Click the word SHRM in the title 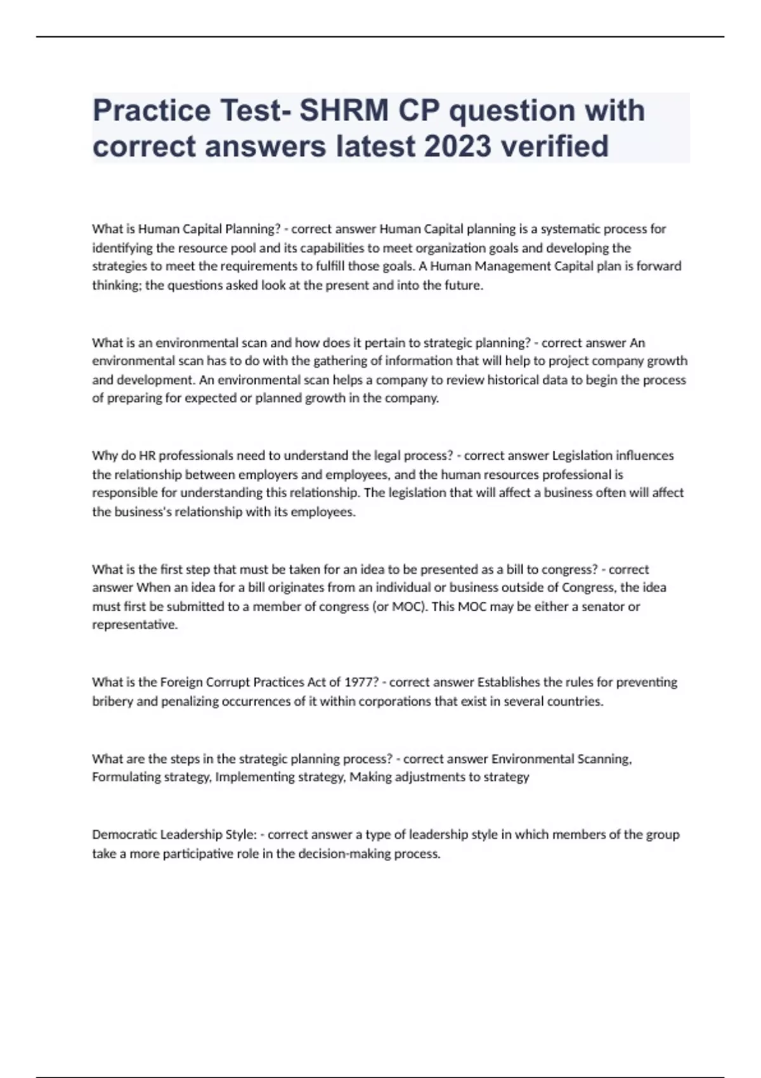(x=343, y=110)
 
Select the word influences (x=643, y=455)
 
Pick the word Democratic (x=124, y=834)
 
